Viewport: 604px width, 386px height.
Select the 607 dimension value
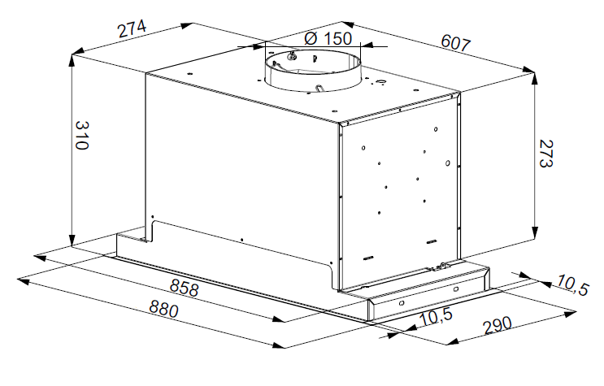(456, 43)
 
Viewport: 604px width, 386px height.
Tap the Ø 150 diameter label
(328, 38)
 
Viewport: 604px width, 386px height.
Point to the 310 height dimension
(82, 135)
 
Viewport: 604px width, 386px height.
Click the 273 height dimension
(545, 153)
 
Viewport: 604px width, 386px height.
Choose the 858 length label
(185, 288)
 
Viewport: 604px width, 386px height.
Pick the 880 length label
(164, 310)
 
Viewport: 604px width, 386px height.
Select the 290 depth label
(498, 327)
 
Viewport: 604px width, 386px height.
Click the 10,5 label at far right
(572, 285)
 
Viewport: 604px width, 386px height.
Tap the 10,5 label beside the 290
(436, 316)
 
